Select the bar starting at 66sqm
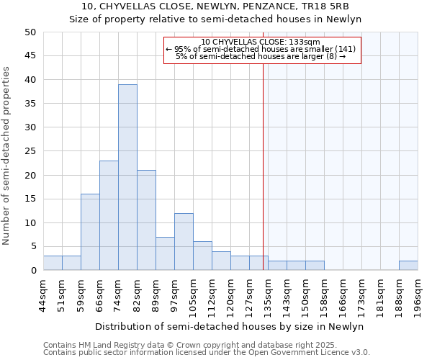(109, 215)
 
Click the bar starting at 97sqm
(184, 242)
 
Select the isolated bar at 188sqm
(408, 266)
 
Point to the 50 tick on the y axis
(30, 32)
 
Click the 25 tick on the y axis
(30, 151)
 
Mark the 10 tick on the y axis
(30, 222)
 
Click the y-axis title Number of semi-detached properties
(7, 156)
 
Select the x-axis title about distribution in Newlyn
(229, 327)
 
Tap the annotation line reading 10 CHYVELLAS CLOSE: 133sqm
(261, 42)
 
